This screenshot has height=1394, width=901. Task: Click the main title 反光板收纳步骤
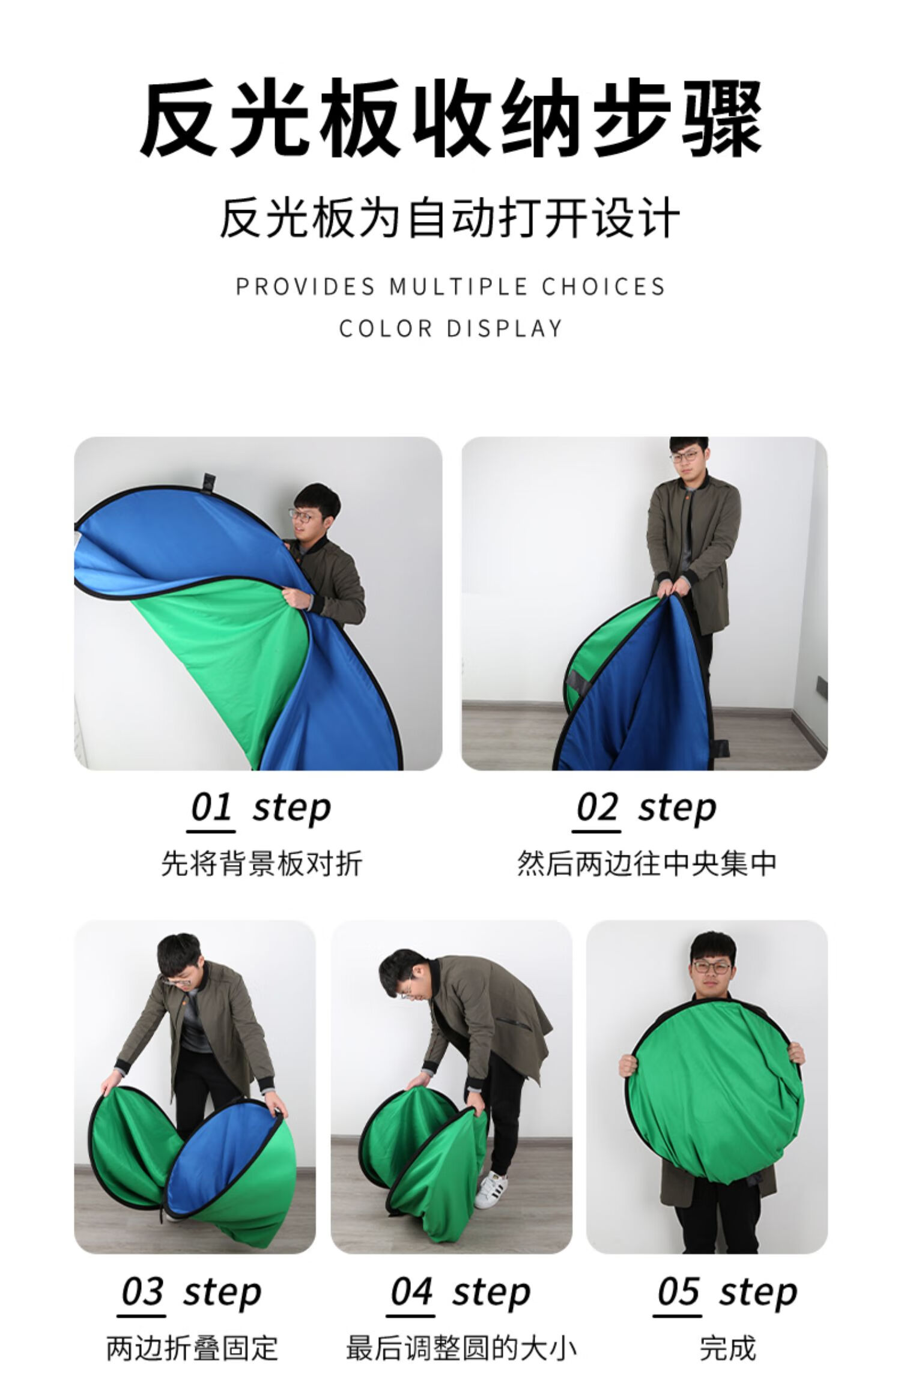(450, 118)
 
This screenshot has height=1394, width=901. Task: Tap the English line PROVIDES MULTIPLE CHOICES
(450, 286)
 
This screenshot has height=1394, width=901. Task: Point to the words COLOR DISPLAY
(450, 328)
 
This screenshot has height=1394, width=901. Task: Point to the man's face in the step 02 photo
(688, 461)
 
